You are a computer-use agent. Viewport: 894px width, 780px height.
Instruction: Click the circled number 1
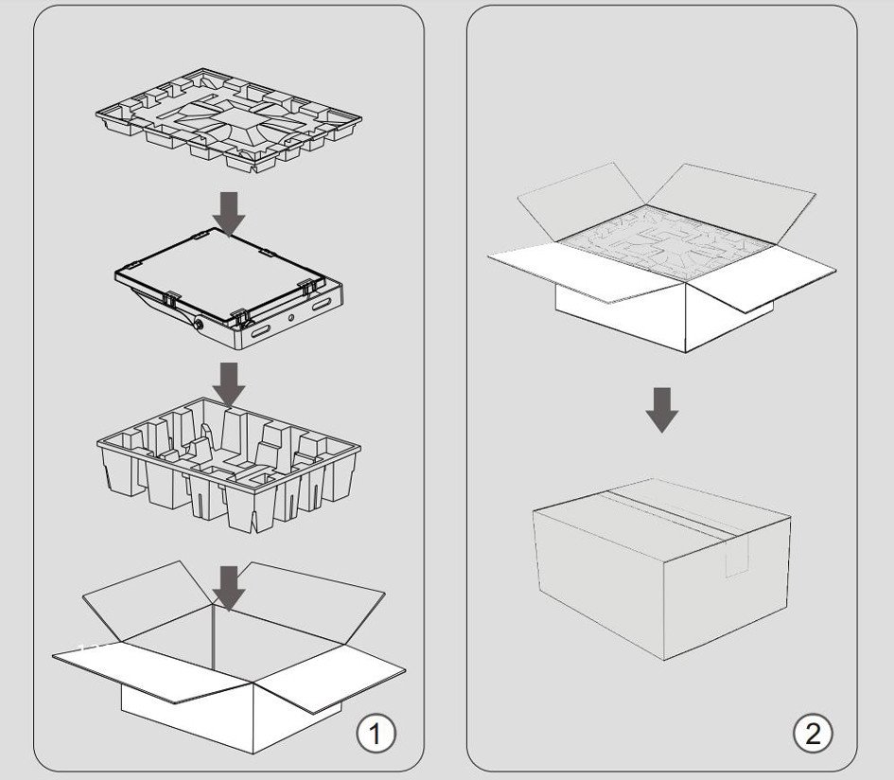coord(376,733)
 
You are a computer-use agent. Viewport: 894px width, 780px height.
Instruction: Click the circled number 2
coord(813,733)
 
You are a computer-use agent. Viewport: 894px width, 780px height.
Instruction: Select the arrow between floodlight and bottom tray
coord(229,384)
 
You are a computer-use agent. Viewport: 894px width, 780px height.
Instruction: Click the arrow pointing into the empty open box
coord(229,588)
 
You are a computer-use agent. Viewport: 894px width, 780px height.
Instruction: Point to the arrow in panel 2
coord(662,410)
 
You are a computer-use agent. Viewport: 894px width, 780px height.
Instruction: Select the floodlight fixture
coord(229,289)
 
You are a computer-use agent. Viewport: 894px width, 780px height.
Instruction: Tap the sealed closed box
coord(662,569)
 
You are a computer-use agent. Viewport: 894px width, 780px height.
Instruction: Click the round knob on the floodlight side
coord(199,324)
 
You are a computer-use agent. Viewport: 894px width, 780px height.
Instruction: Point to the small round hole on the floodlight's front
coord(290,317)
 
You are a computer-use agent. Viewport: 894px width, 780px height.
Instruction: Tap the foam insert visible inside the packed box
coord(666,242)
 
